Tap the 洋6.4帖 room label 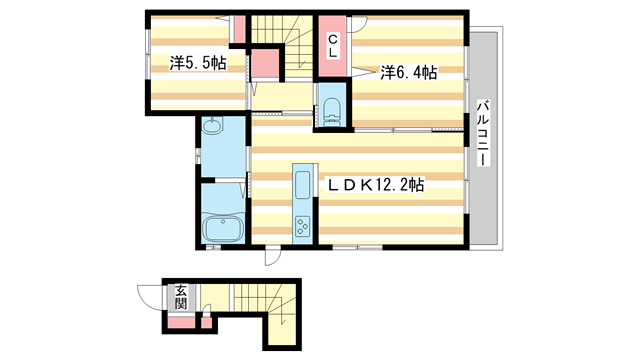pos(408,72)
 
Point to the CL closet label pos(331,46)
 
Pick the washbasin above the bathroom pos(212,128)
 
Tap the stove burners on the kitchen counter pos(303,227)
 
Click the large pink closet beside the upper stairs pos(265,65)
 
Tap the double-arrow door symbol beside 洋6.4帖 pos(360,73)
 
